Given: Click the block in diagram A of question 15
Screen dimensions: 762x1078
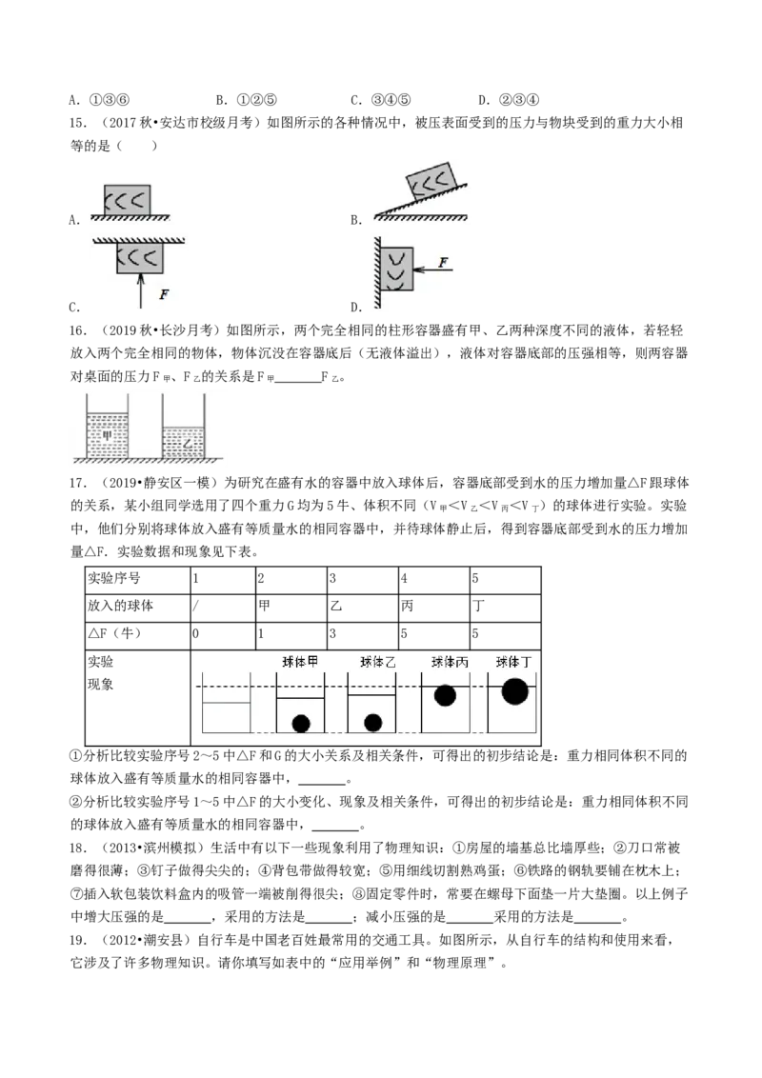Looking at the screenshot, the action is pyautogui.click(x=128, y=200).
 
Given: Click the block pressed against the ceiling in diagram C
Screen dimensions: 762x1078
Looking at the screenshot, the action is pyautogui.click(x=140, y=258).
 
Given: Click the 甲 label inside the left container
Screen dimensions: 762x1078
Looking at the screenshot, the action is pyautogui.click(x=108, y=434).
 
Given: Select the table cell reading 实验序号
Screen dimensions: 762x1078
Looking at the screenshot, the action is pyautogui.click(x=113, y=578).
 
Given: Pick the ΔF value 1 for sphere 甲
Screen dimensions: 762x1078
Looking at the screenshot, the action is pyautogui.click(x=261, y=633).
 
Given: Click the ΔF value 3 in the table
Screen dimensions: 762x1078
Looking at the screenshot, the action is pyautogui.click(x=332, y=633).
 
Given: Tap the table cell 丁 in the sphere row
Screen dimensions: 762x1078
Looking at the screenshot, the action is pyautogui.click(x=478, y=606).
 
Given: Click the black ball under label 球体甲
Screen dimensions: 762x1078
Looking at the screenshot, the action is pyautogui.click(x=301, y=723).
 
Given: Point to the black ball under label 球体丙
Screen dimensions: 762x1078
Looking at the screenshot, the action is pyautogui.click(x=445, y=695).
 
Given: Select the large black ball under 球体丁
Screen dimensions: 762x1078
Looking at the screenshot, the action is pyautogui.click(x=515, y=691).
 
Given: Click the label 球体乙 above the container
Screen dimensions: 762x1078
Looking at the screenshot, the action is pyautogui.click(x=377, y=662).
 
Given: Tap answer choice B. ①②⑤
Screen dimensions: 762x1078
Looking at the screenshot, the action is pyautogui.click(x=246, y=100).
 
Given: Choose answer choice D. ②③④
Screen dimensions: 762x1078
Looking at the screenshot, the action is pyautogui.click(x=509, y=100).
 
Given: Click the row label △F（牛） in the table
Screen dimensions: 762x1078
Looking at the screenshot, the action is pyautogui.click(x=114, y=633).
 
